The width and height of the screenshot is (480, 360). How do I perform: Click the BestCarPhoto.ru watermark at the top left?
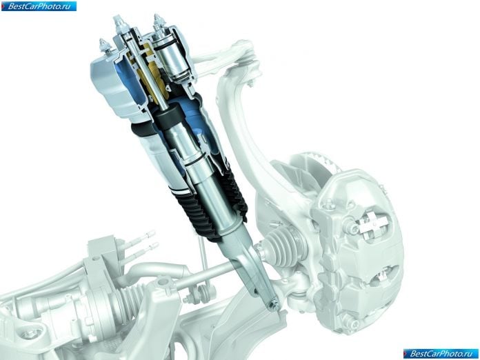point(39,6)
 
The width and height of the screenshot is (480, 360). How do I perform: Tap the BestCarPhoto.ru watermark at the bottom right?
point(441,354)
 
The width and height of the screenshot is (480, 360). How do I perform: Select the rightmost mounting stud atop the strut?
point(159,23)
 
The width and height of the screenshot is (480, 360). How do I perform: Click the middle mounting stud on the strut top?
point(119,25)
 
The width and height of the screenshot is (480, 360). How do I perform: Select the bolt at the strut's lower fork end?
point(274,305)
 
